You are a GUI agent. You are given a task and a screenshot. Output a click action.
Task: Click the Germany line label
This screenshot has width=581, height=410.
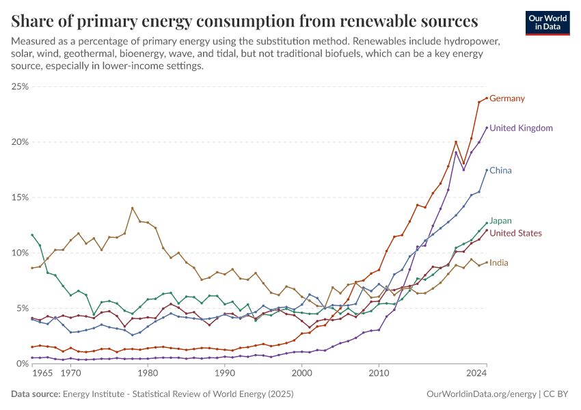pos(507,98)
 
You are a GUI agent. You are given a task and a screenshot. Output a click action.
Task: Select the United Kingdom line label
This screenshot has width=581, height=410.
pos(521,128)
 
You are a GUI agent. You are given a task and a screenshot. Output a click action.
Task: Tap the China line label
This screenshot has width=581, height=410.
pos(500,170)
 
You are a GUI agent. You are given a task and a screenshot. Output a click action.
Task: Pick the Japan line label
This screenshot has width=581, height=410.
pos(500,221)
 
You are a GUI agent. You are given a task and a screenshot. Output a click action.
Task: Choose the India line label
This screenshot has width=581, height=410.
pos(499,263)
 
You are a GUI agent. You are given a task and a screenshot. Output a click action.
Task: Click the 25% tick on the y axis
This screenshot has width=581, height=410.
pos(18,87)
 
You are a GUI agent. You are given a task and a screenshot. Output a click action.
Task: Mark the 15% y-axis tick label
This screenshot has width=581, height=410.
pos(18,197)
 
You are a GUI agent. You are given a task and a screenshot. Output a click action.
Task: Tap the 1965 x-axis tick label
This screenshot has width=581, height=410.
pos(42,374)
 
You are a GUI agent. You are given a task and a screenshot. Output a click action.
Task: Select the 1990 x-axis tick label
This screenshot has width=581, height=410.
pos(225,374)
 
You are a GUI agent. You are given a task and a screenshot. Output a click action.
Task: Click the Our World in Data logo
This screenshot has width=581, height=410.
pos(548,23)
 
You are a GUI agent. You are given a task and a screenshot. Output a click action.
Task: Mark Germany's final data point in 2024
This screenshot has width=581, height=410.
pos(486,98)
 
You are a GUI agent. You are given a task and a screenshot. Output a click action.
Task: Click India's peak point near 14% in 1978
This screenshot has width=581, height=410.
pos(132,208)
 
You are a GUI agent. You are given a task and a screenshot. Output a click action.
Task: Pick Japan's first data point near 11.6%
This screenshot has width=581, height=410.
pos(32,235)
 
